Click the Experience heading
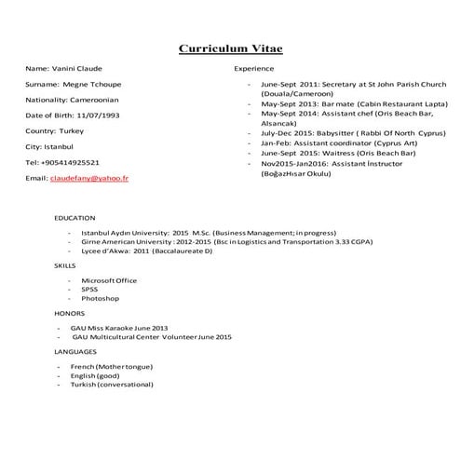[x=253, y=69]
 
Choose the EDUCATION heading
[x=75, y=218]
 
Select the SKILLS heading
[x=65, y=265]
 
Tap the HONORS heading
[x=69, y=313]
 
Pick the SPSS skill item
[x=89, y=289]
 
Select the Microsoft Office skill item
[x=108, y=279]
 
